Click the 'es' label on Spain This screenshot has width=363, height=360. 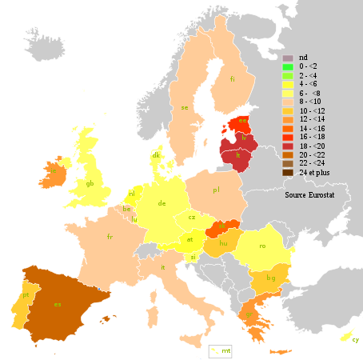click(x=57, y=305)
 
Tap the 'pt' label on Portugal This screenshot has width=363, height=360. click(x=26, y=295)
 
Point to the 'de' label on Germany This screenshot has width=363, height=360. click(x=162, y=203)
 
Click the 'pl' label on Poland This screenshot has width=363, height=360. click(x=216, y=190)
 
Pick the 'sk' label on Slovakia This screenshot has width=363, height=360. click(x=221, y=226)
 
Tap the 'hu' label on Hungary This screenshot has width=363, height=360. click(x=224, y=242)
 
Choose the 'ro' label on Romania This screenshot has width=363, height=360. click(x=262, y=246)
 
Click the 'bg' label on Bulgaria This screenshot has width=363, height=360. click(x=270, y=278)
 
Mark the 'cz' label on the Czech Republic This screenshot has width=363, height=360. click(x=192, y=217)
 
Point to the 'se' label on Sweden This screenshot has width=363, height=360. click(x=185, y=107)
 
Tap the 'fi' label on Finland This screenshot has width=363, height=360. click(x=233, y=79)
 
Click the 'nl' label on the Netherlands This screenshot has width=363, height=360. click(x=132, y=194)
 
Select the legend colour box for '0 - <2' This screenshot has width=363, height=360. click(x=287, y=67)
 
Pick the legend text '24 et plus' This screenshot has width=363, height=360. click(x=315, y=173)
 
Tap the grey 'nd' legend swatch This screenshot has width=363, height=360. click(x=287, y=58)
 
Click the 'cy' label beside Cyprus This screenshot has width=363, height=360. click(x=356, y=340)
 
